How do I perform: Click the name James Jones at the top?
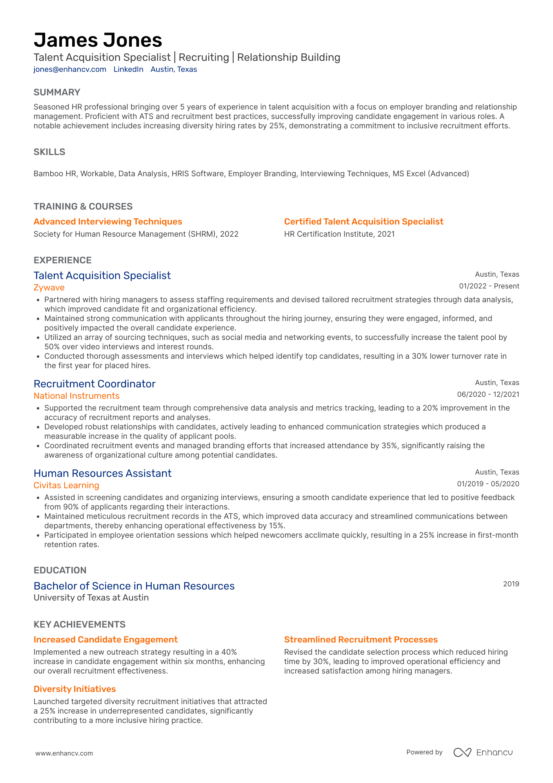point(98,40)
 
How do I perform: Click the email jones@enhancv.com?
point(70,69)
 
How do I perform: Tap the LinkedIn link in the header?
point(128,69)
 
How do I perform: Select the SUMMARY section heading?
point(57,92)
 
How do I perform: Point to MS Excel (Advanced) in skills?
point(431,173)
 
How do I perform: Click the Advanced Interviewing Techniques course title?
point(108,222)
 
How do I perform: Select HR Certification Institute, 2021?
point(339,234)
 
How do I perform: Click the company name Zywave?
point(49,288)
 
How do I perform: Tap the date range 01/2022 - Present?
point(489,286)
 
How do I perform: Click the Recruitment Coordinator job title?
point(95,384)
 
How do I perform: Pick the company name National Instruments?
point(76,396)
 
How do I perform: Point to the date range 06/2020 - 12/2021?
point(488,394)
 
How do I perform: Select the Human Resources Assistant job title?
point(102,473)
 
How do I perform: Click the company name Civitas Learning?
point(66,485)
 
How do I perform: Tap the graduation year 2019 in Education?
point(511,584)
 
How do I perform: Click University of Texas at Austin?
point(91,598)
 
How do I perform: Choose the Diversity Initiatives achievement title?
point(75,689)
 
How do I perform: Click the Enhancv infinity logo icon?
point(462,752)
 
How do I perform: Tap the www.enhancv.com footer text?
point(64,753)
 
